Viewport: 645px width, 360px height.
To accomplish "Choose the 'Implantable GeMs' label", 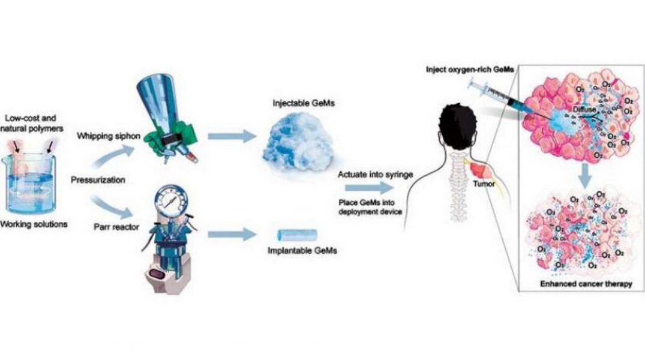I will [302, 251].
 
